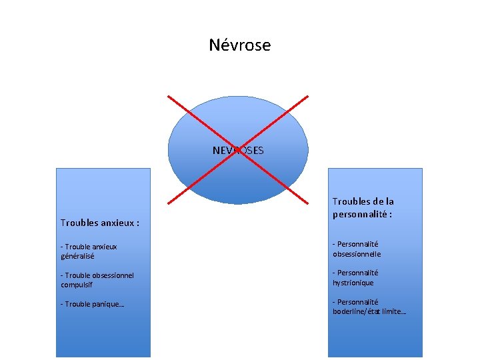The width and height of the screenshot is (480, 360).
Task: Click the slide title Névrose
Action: (x=239, y=45)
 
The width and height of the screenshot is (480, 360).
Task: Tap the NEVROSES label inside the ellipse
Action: (x=238, y=151)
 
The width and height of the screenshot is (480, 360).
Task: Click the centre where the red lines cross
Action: (x=238, y=149)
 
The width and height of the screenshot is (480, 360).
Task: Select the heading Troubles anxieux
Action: (x=99, y=223)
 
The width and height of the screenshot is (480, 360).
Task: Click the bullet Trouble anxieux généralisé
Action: (x=89, y=251)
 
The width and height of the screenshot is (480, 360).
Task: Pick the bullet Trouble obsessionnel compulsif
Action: (x=97, y=280)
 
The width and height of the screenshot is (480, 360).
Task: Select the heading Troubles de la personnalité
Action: (x=363, y=208)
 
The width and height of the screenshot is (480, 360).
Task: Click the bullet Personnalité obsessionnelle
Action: (x=357, y=249)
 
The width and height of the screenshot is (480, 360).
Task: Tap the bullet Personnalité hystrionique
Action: (x=356, y=277)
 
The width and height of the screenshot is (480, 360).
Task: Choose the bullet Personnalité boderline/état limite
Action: (x=369, y=307)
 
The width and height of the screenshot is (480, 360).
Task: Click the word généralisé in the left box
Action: (x=77, y=256)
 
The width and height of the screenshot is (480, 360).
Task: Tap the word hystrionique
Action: (x=353, y=283)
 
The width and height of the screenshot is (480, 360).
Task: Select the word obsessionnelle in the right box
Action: (x=357, y=254)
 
